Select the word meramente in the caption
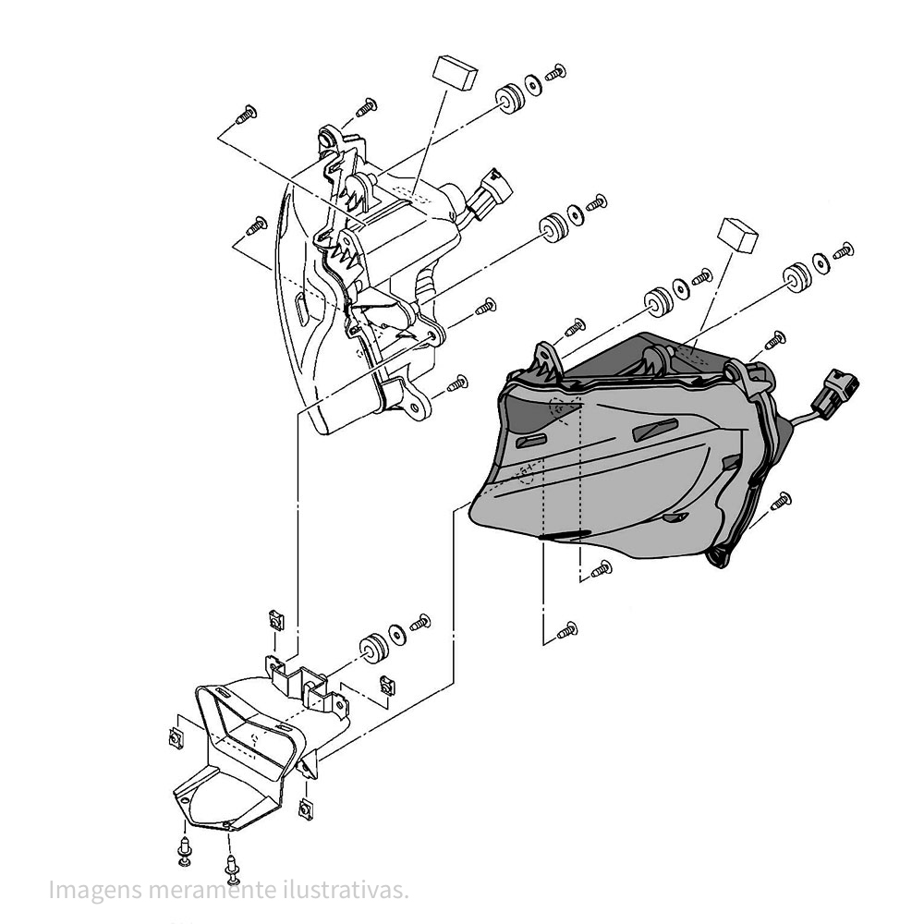[x=202, y=890]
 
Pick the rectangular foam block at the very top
[x=456, y=70]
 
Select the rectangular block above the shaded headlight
[x=739, y=236]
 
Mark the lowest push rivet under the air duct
[x=231, y=867]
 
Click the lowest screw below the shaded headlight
[x=567, y=631]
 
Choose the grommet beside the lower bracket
[x=373, y=646]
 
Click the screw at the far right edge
[x=843, y=249]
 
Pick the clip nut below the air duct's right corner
[x=306, y=810]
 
